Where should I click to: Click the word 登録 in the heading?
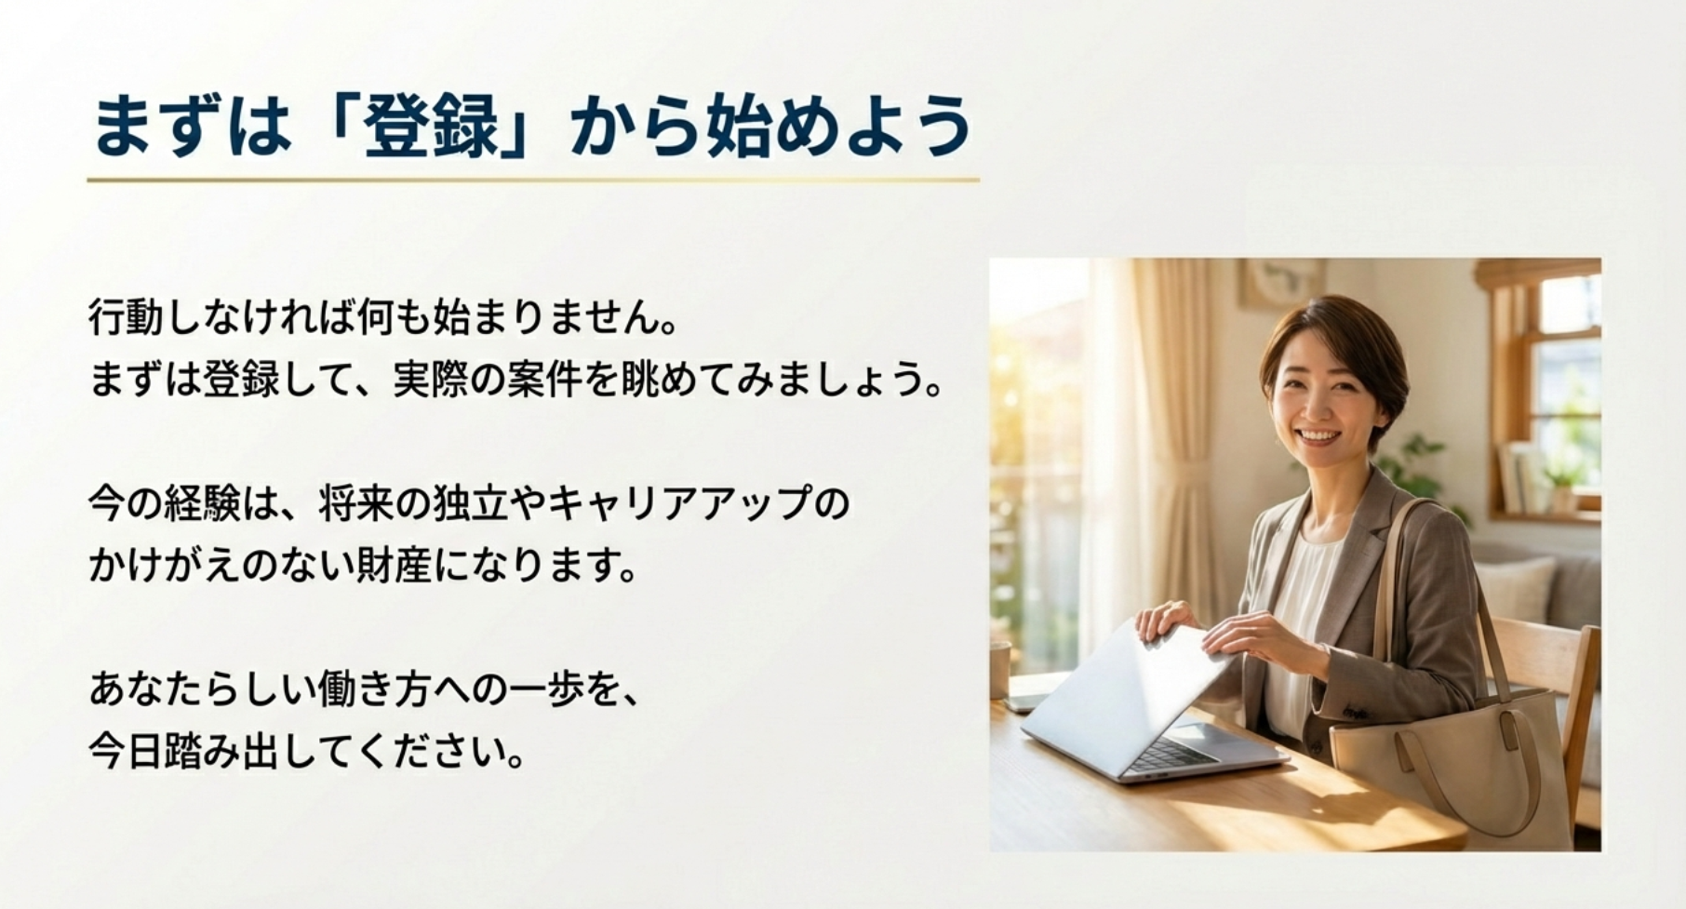(x=432, y=127)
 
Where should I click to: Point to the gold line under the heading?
(x=533, y=180)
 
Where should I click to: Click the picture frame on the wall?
(x=1281, y=282)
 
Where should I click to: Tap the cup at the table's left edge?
(x=999, y=669)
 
